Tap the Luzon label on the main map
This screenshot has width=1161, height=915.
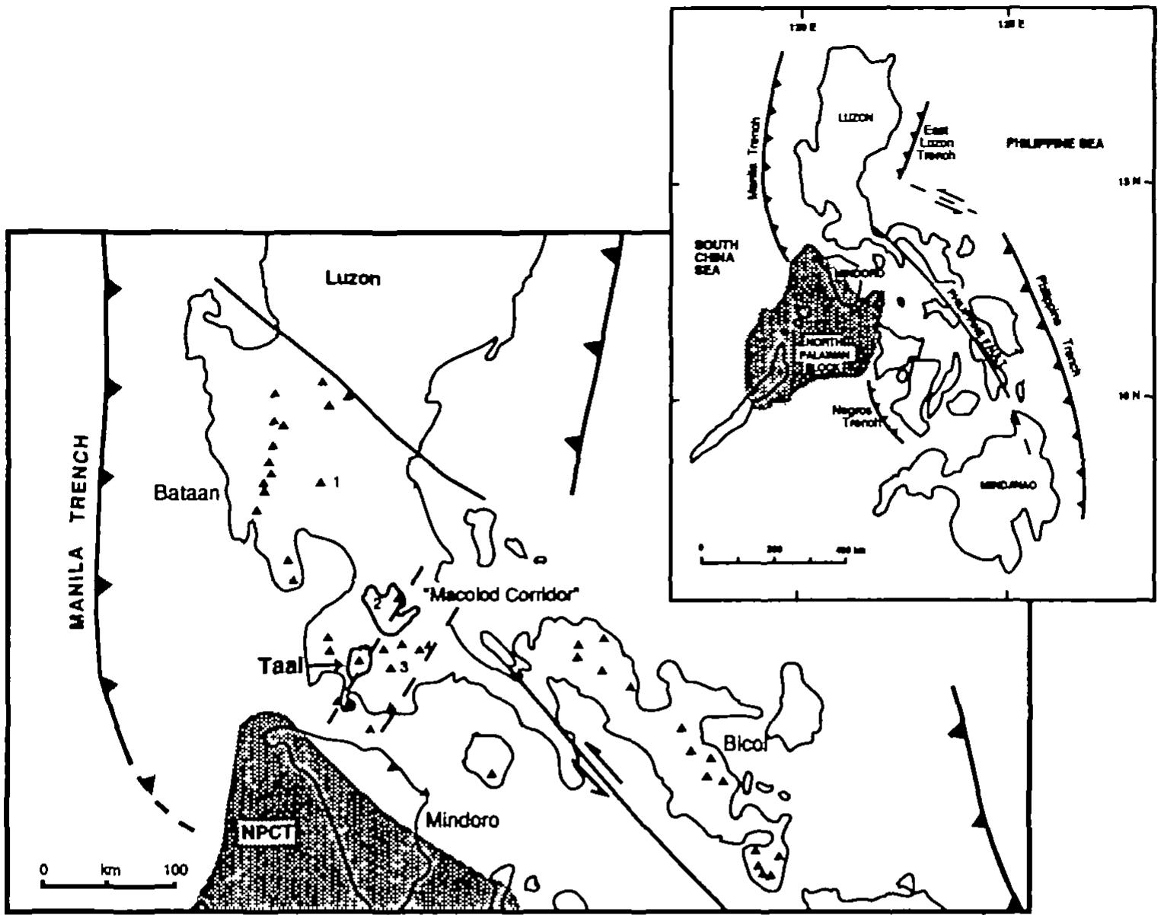point(352,278)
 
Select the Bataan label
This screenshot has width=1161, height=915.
point(187,493)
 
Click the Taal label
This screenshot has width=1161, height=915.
point(279,666)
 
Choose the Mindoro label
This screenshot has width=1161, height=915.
point(462,821)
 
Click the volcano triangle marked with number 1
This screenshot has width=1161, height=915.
point(320,482)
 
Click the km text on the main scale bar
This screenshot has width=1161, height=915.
point(111,869)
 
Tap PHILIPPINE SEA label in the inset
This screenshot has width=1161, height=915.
point(1054,143)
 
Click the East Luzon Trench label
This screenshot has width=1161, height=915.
point(936,142)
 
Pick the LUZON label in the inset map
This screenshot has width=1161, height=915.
point(855,118)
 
